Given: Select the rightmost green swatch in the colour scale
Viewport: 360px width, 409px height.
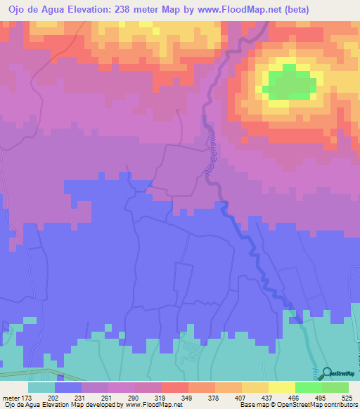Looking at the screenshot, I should click(335, 387).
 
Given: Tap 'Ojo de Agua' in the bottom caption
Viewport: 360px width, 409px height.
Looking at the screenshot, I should click(20, 405).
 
